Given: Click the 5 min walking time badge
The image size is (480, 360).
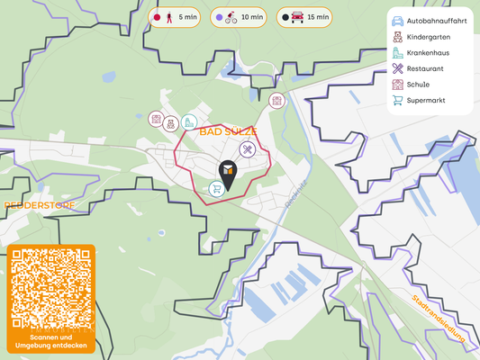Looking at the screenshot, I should click(175, 17).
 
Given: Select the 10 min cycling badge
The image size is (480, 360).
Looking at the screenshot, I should click(238, 17).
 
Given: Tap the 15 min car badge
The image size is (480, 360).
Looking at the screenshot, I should click(303, 17).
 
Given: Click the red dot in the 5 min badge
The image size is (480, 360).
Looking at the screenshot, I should click(157, 17).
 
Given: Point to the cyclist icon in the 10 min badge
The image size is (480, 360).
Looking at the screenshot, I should click(231, 17).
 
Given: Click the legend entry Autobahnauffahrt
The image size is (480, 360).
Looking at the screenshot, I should click(430, 20).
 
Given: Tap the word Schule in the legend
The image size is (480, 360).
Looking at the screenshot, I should click(420, 85).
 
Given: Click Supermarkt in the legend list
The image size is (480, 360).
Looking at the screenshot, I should click(427, 100).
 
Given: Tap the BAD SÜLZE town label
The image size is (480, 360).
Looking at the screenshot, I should click(222, 131).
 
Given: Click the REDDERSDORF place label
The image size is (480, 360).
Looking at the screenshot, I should click(40, 205).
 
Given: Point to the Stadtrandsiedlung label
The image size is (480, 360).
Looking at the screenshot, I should click(438, 319).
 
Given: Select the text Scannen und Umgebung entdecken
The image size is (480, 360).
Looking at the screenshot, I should click(50, 342).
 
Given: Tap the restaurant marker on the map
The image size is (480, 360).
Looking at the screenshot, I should click(248, 150).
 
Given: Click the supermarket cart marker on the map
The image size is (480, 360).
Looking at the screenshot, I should click(216, 188).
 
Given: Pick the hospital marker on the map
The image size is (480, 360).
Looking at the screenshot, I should click(189, 121).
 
